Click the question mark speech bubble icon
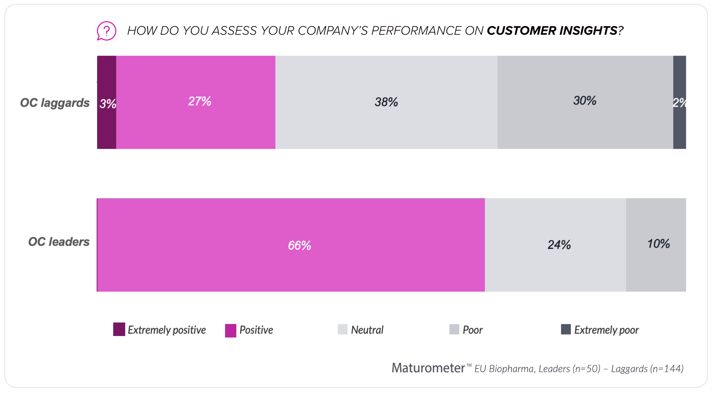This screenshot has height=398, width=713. (106, 31)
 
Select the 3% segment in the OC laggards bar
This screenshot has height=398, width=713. (107, 102)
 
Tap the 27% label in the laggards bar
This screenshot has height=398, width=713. (199, 101)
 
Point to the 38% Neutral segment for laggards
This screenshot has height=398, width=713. (386, 102)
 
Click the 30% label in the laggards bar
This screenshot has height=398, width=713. (585, 101)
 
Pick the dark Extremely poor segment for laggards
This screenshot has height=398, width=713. (679, 102)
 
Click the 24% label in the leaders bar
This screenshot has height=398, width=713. (559, 245)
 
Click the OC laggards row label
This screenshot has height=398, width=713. (55, 103)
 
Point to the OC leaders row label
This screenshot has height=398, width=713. (59, 242)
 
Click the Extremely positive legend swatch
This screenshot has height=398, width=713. (119, 330)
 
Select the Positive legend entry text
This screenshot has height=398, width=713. (256, 330)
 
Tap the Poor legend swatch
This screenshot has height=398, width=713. (454, 330)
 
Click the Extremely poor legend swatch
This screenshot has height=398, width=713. (566, 330)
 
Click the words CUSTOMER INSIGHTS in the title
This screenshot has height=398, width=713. (552, 31)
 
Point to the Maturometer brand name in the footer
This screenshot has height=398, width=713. (428, 368)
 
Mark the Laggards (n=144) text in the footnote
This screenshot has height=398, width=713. (647, 368)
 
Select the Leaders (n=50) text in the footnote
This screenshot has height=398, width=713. (569, 368)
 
